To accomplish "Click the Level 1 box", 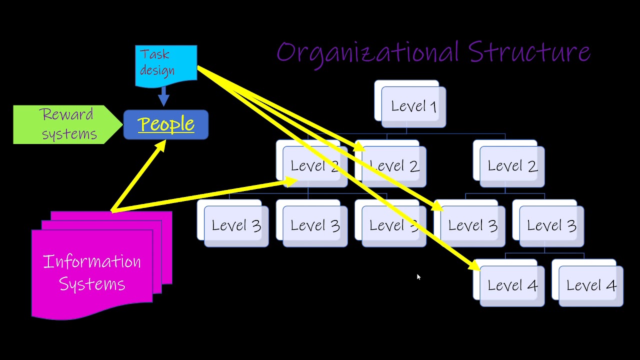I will coord(413,106).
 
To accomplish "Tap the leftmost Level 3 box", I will coord(235,226).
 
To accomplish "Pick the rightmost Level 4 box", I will coord(590,285).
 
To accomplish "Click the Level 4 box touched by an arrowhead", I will coord(511,285).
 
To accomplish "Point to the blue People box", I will coord(166,124).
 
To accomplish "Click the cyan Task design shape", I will coord(166,64).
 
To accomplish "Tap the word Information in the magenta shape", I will coord(92,261).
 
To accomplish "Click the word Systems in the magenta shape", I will coord(92,284).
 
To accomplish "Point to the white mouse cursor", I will coord(418,276).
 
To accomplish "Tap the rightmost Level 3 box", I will coord(551,226).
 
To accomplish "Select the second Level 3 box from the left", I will coord(314,226).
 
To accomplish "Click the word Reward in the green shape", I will coord(67,114).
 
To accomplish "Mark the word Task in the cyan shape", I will coord(154,54).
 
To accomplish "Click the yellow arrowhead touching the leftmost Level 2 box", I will coord(291,180).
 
